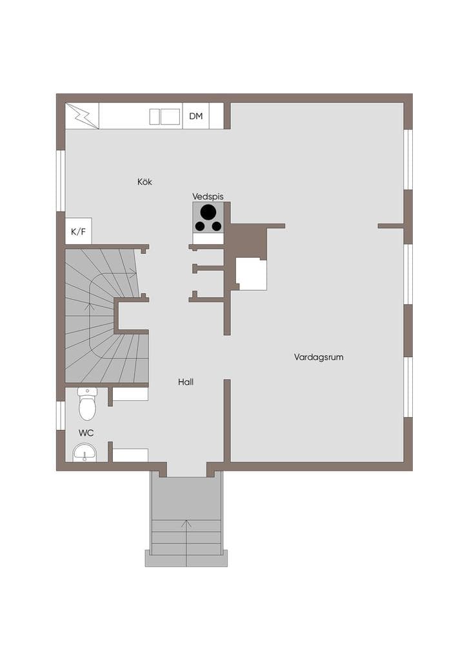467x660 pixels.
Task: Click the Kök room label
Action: (x=144, y=182)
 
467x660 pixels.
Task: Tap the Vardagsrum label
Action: (x=319, y=357)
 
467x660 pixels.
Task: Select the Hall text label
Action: (x=186, y=382)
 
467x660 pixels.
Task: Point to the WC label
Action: (x=86, y=432)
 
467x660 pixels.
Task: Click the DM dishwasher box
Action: (x=196, y=116)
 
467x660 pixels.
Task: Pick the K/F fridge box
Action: (x=78, y=231)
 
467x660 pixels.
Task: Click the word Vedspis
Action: (x=208, y=197)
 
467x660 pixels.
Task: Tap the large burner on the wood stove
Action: (x=207, y=211)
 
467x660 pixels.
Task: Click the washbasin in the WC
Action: (x=84, y=452)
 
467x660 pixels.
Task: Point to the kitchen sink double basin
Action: (x=165, y=117)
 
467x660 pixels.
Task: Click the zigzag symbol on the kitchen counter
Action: (x=82, y=116)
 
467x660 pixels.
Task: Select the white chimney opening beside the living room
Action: (x=251, y=274)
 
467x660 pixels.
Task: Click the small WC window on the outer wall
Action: (x=61, y=416)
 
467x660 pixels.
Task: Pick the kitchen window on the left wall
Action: (x=61, y=180)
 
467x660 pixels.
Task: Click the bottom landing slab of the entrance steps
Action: (x=186, y=558)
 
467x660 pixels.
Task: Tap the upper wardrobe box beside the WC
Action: (x=130, y=394)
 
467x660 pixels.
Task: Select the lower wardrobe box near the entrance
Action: (x=130, y=455)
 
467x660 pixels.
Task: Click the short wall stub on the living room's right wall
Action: (x=391, y=226)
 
